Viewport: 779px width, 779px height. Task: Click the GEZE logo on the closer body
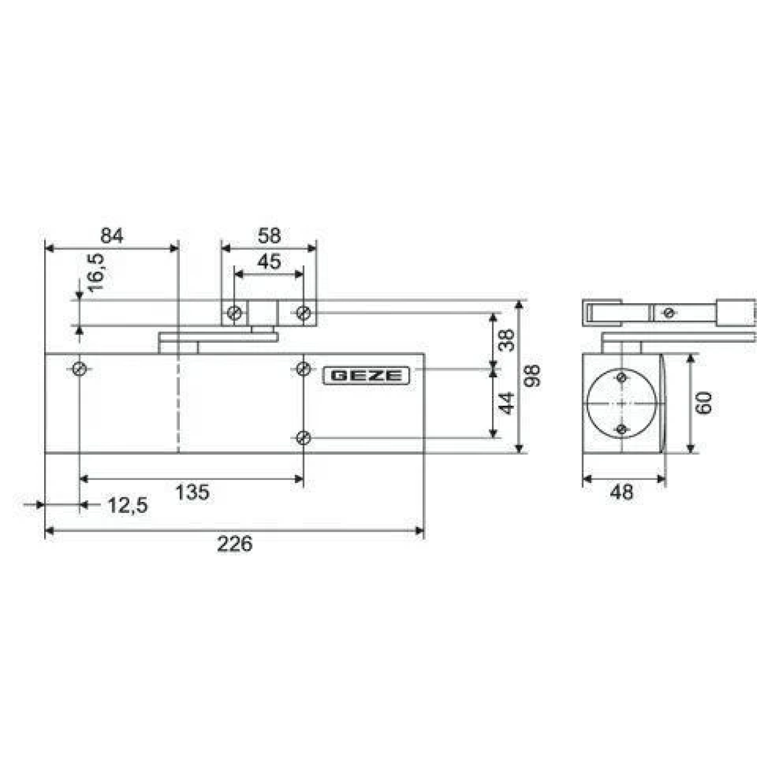[366, 376]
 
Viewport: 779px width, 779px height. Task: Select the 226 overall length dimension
[234, 544]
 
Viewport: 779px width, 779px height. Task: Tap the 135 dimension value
[192, 492]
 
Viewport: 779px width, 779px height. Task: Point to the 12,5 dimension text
[128, 505]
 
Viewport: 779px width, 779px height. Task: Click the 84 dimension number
[112, 236]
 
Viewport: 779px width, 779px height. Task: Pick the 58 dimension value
[269, 236]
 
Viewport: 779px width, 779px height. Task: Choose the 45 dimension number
[269, 262]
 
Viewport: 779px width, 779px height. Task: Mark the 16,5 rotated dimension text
[96, 273]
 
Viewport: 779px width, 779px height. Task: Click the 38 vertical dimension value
[506, 340]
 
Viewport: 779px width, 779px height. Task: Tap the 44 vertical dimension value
[506, 403]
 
